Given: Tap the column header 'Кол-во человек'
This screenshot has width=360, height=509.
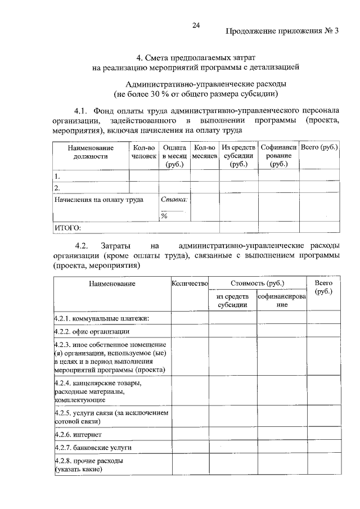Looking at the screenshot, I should pyautogui.click(x=143, y=152).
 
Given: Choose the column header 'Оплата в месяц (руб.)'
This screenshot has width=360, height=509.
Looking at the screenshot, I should pyautogui.click(x=174, y=156).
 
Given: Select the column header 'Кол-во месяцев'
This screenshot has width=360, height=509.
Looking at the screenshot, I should pyautogui.click(x=204, y=152).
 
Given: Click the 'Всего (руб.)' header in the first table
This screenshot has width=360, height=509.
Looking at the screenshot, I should pyautogui.click(x=319, y=147).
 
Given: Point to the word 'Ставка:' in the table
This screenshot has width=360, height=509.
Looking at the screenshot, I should pyautogui.click(x=174, y=200).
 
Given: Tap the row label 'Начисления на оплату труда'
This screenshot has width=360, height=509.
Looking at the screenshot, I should pyautogui.click(x=98, y=200).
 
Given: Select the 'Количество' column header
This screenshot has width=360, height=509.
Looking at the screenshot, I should pyautogui.click(x=190, y=283).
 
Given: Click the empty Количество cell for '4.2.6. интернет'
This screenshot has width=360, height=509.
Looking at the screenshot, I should pyautogui.click(x=190, y=435).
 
